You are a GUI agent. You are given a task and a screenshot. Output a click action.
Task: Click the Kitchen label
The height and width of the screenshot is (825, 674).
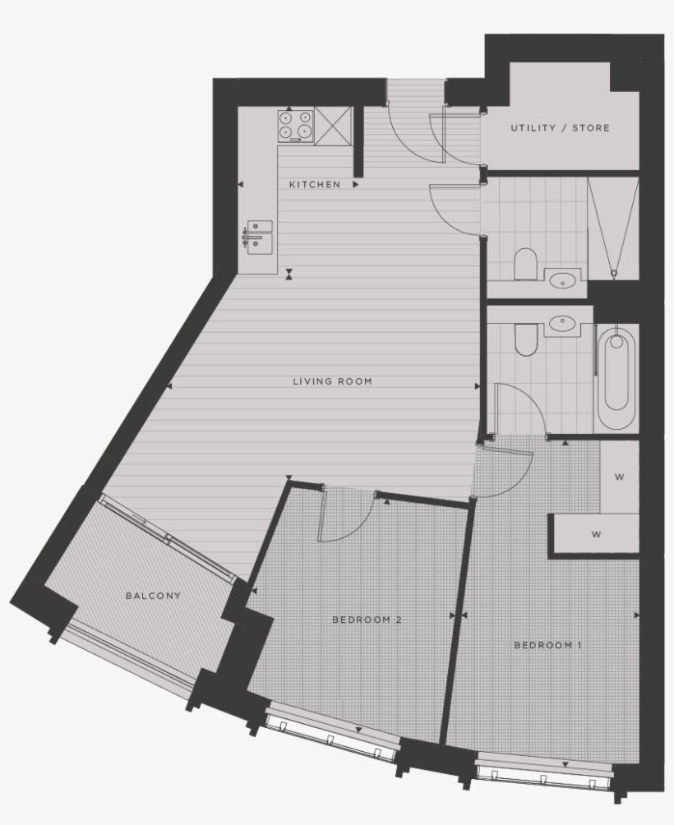[314, 185]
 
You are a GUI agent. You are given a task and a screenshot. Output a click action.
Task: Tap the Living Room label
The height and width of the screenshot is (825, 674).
[332, 381]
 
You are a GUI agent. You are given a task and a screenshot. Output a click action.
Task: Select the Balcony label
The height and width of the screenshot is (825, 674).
[153, 596]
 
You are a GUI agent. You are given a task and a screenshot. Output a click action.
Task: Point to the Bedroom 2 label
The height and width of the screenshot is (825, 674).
[367, 620]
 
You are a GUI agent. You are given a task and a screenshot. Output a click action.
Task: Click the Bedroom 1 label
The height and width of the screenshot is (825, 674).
[547, 645]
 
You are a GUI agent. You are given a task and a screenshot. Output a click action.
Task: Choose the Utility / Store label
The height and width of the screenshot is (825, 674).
[560, 128]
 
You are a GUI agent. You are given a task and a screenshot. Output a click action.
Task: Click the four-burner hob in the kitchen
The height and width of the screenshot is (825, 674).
[296, 124]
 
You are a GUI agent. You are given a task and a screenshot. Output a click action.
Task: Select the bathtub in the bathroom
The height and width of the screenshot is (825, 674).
[616, 377]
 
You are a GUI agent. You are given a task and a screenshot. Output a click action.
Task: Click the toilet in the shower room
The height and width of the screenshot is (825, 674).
[525, 265]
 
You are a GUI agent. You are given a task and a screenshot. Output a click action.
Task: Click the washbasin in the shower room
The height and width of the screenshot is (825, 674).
[564, 279]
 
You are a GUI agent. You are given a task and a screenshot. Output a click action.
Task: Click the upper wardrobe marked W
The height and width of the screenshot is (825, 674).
[620, 477]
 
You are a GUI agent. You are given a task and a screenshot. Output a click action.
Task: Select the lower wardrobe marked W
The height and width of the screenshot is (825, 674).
[596, 534]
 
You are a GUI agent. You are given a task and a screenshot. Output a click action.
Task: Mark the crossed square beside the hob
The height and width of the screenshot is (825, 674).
[333, 125]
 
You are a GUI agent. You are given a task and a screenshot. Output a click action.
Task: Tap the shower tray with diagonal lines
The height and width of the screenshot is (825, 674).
[613, 225]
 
